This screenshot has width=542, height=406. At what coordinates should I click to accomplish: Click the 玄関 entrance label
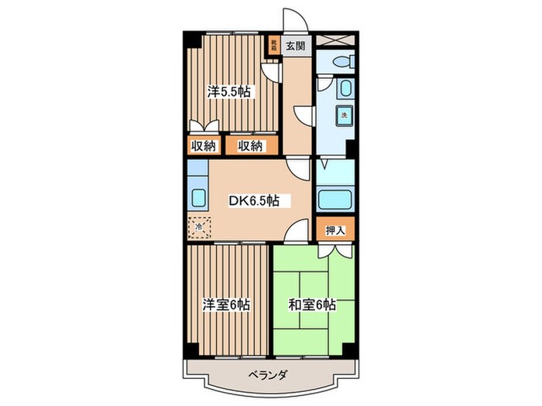point(295,45)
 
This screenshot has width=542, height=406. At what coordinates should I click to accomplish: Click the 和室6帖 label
point(313,304)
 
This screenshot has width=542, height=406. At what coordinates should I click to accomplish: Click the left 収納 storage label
point(204,145)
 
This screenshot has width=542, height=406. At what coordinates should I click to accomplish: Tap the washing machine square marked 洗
point(341,116)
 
